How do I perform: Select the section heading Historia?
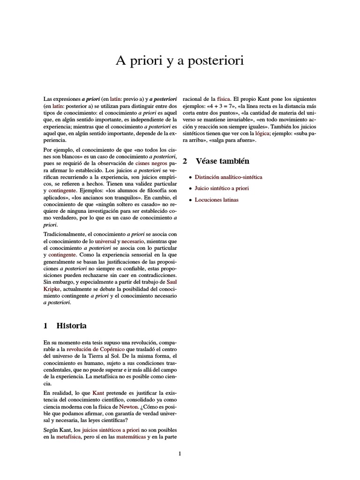click(x=71, y=325)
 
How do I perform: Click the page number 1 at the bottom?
click(x=180, y=453)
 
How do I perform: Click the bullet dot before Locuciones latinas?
click(x=190, y=200)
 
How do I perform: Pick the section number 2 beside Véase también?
click(x=185, y=161)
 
